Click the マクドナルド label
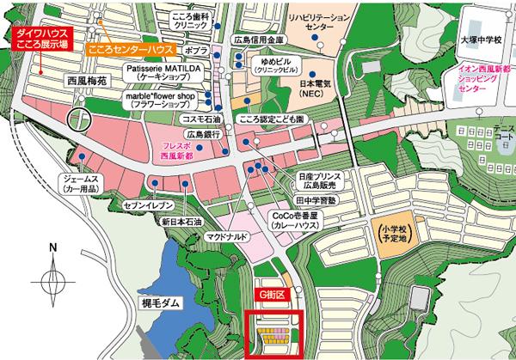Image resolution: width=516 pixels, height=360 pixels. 227,235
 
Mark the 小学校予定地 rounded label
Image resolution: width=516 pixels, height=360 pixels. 388,234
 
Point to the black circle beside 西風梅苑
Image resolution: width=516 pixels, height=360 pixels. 79,120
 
